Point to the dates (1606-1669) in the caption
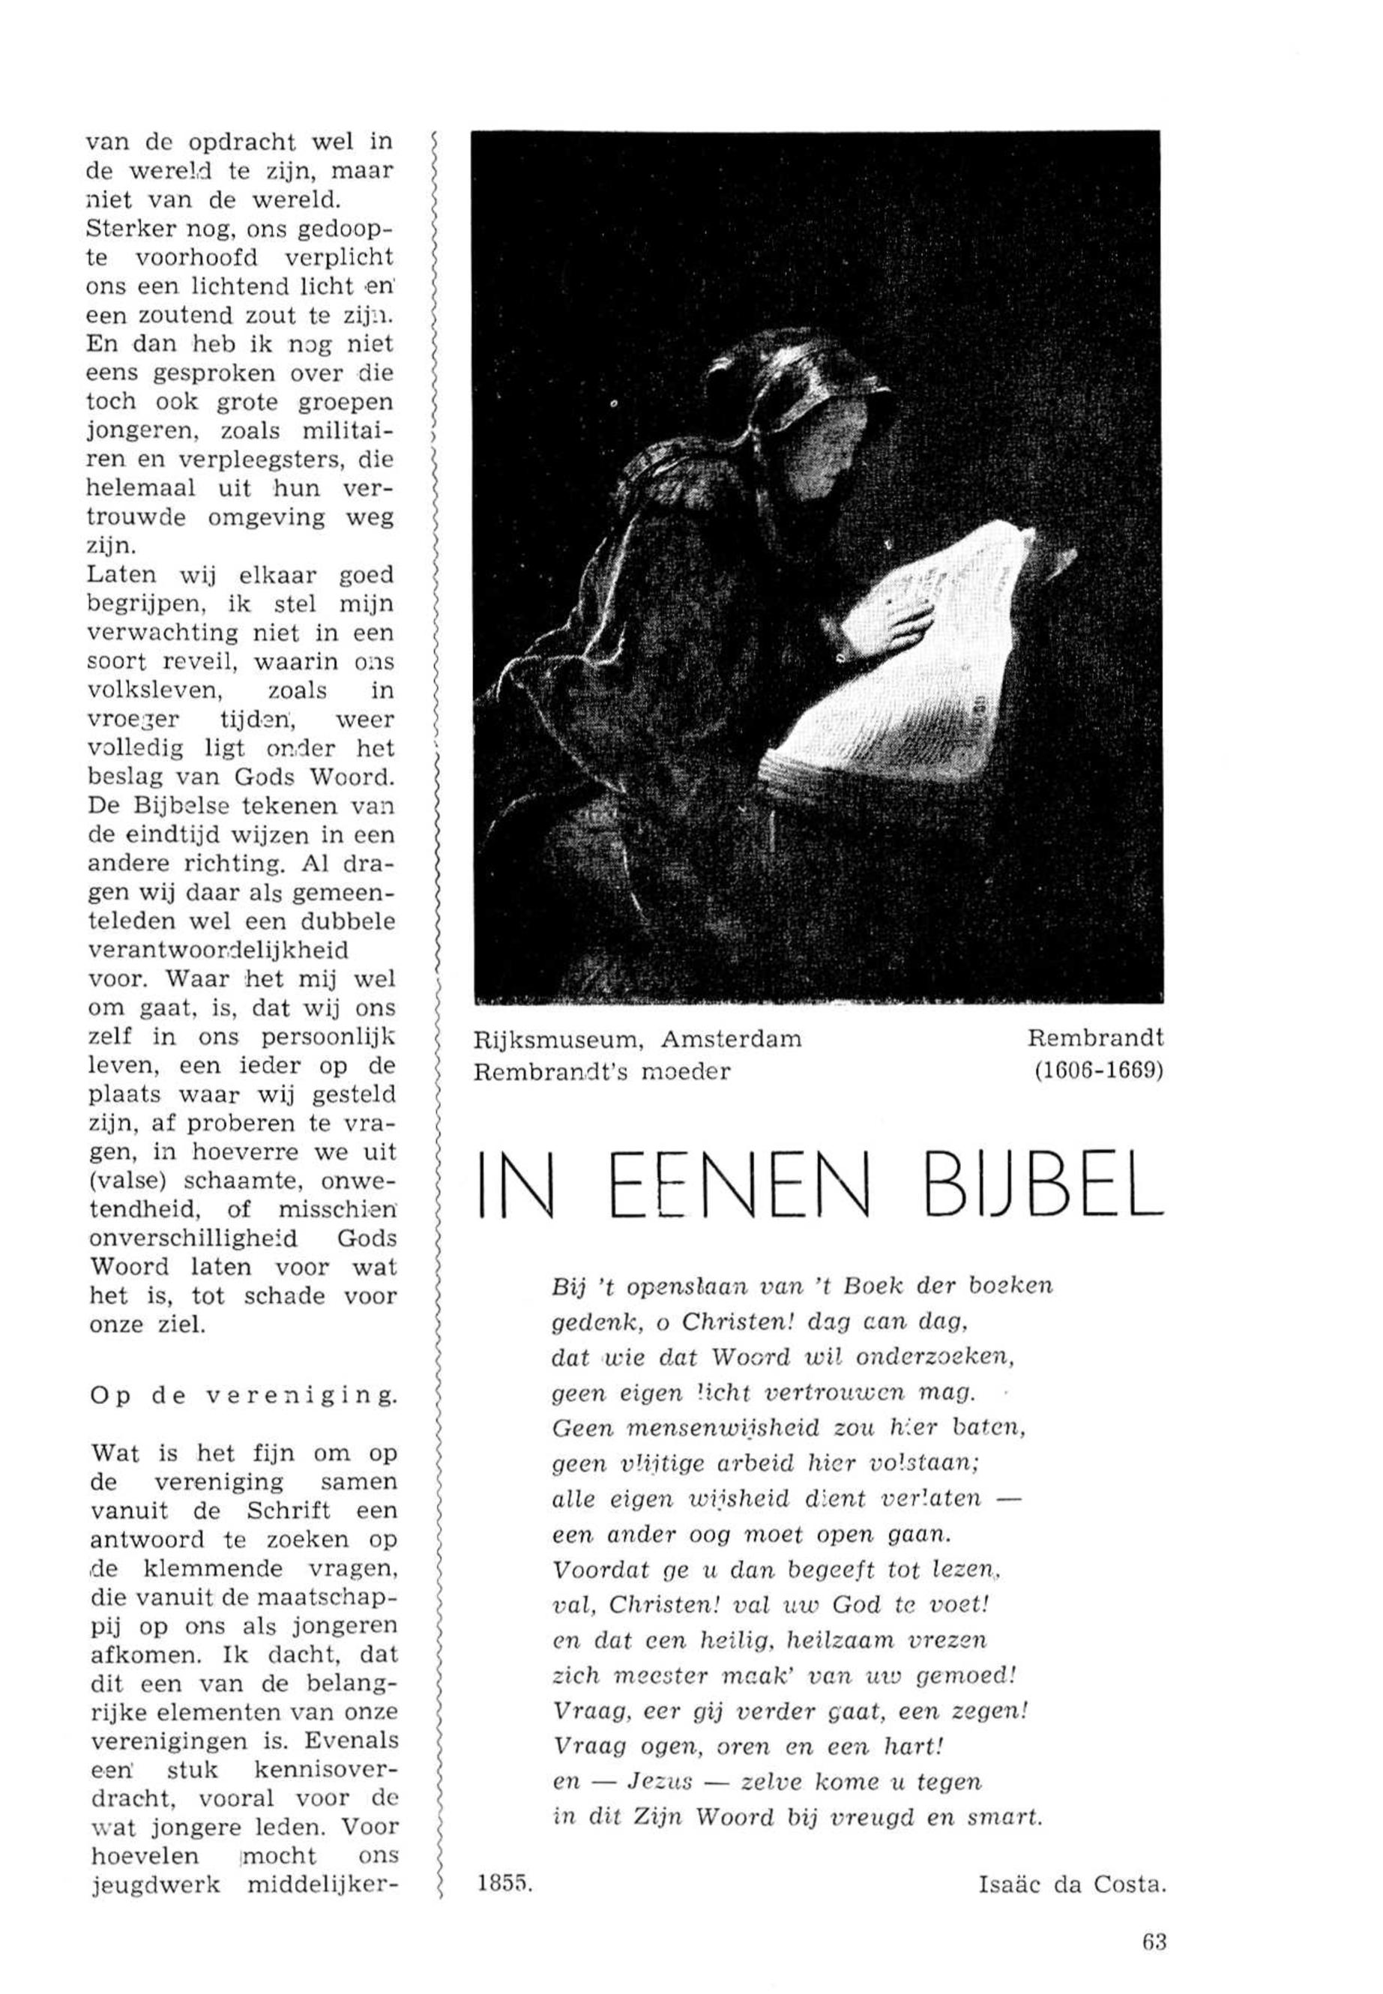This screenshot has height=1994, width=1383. (1098, 1071)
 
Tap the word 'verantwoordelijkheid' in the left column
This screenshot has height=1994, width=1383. (218, 951)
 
